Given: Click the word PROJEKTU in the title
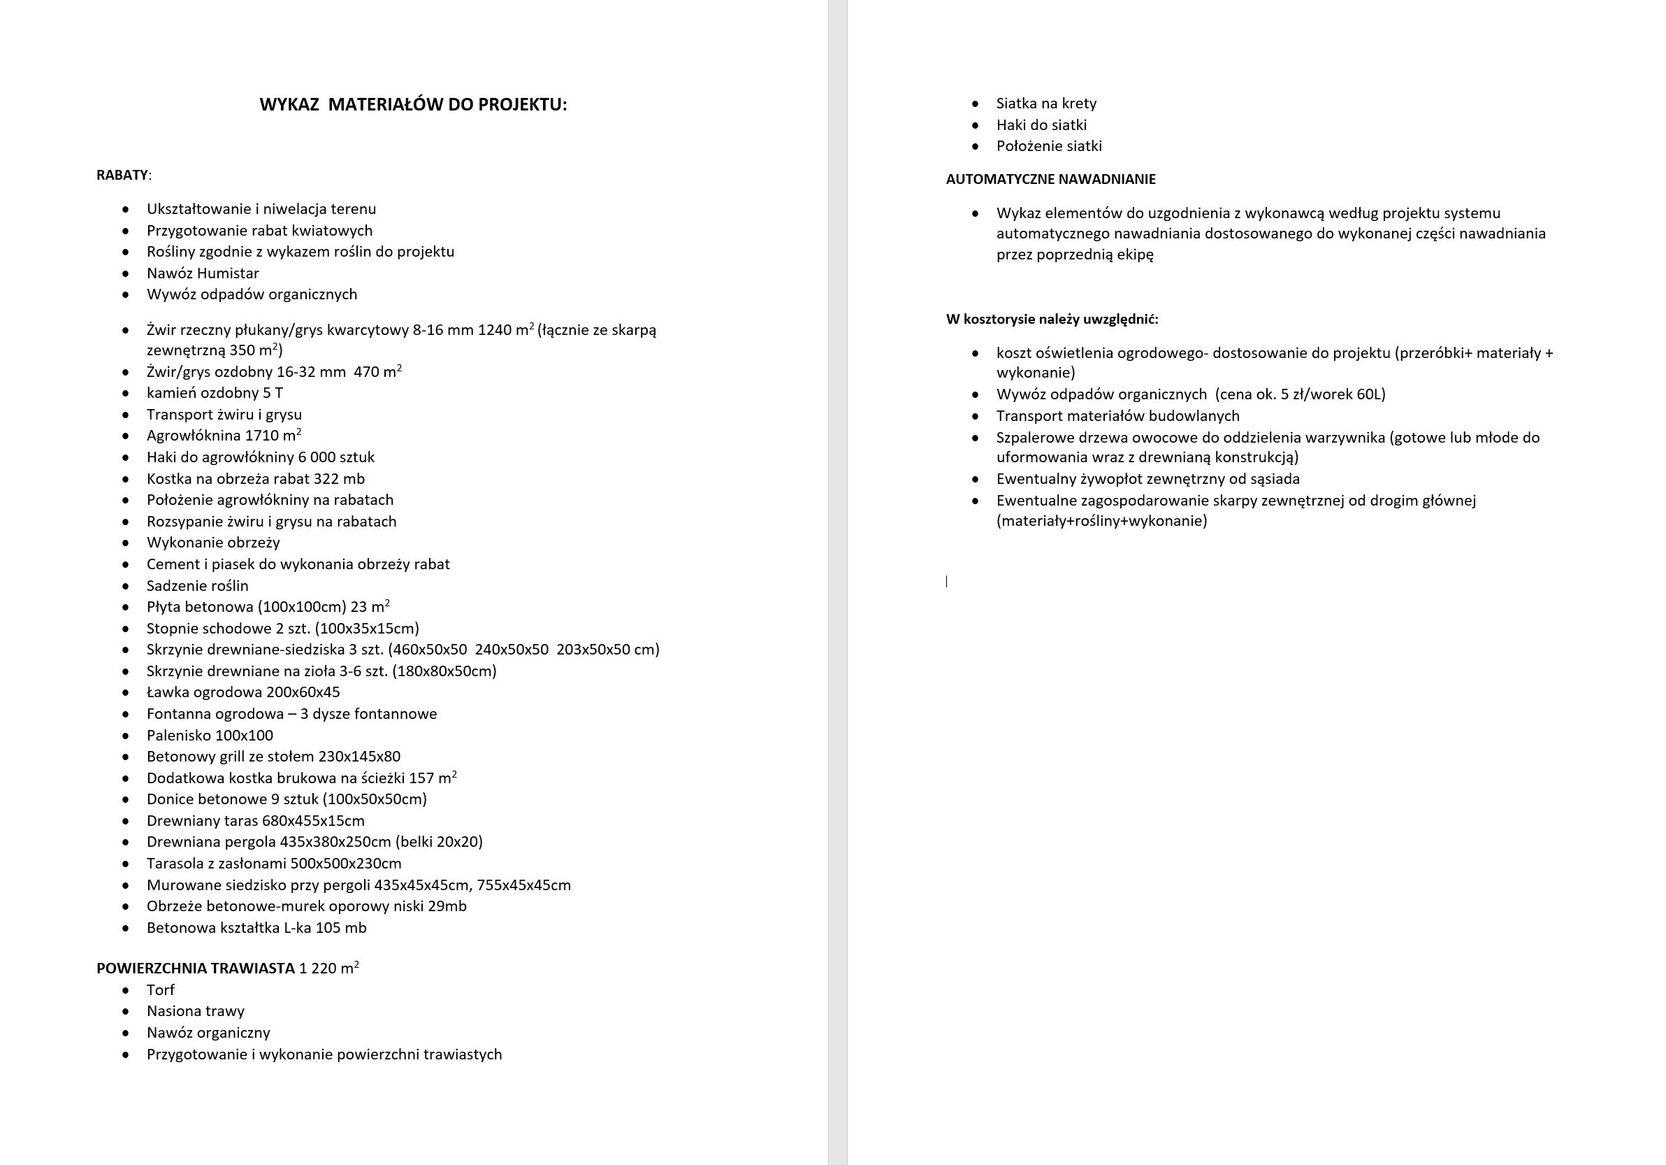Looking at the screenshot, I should point(527,104).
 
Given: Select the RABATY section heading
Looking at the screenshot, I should point(122,175).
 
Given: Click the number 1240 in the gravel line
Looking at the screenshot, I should point(493,330).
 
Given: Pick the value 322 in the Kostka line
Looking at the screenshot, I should point(326,479).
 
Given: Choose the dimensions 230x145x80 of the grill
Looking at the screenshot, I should point(359,757).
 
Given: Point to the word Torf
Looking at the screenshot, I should point(160,990).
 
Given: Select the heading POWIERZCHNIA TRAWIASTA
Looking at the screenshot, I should point(195,969).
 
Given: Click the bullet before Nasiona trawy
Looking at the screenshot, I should point(126,1011).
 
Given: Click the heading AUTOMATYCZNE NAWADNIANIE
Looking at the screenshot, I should point(1050,179).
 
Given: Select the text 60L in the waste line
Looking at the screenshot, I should point(1368,394).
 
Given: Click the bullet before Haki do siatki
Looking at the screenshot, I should point(976,125).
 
